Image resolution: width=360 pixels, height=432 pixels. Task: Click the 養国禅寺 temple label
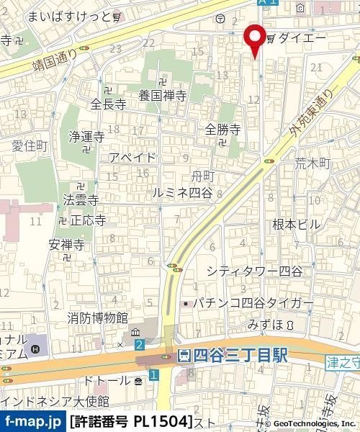(163, 94)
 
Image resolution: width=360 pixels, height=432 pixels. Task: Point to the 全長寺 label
(108, 104)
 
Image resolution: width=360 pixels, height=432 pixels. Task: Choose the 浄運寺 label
(86, 136)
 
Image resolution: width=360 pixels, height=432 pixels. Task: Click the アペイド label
(132, 158)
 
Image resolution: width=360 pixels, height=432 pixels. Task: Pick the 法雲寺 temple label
(81, 197)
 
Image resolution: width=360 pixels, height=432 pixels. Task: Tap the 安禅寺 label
(67, 245)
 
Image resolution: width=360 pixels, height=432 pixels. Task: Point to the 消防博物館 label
(97, 317)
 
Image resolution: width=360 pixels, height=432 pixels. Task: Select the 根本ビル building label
(296, 225)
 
